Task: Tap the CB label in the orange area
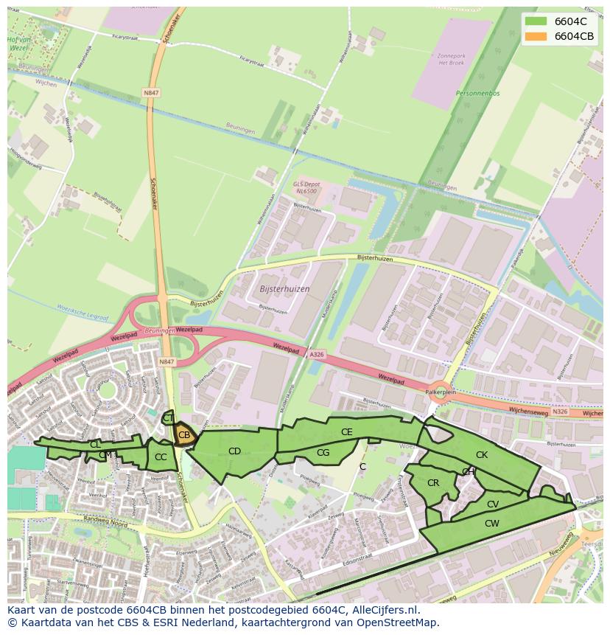tap(184, 435)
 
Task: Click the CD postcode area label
tap(234, 451)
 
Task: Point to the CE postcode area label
tap(346, 432)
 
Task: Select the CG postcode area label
tap(323, 453)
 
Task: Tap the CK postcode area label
tap(481, 455)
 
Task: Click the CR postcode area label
tap(433, 483)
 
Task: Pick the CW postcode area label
tap(491, 523)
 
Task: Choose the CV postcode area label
tap(493, 504)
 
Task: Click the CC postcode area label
tap(161, 457)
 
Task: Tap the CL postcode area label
tap(95, 444)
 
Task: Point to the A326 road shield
tap(316, 355)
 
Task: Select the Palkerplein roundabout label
tap(442, 393)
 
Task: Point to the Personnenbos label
tap(477, 94)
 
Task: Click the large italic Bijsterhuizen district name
tap(285, 289)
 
